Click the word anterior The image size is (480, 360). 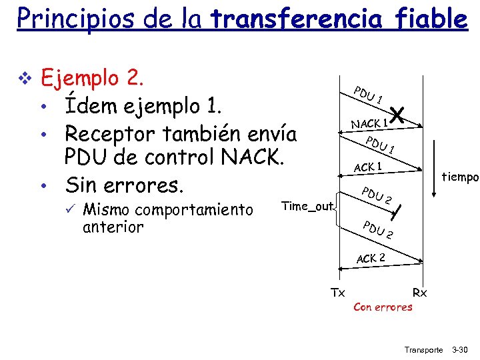click(113, 227)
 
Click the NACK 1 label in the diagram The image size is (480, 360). click(369, 123)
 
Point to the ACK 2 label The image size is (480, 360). click(371, 257)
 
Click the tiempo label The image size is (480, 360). click(461, 177)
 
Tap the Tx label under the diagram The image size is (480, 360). click(338, 292)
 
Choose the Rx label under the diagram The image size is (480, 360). click(420, 292)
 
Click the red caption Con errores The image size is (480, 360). click(383, 307)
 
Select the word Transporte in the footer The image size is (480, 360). click(423, 349)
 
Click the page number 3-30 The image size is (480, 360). click(460, 349)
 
